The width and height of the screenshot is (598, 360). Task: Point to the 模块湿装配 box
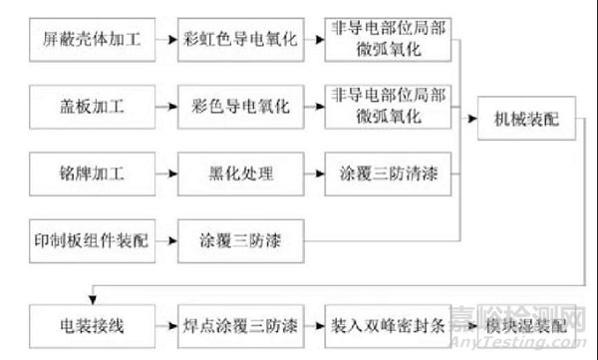tap(525, 323)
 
